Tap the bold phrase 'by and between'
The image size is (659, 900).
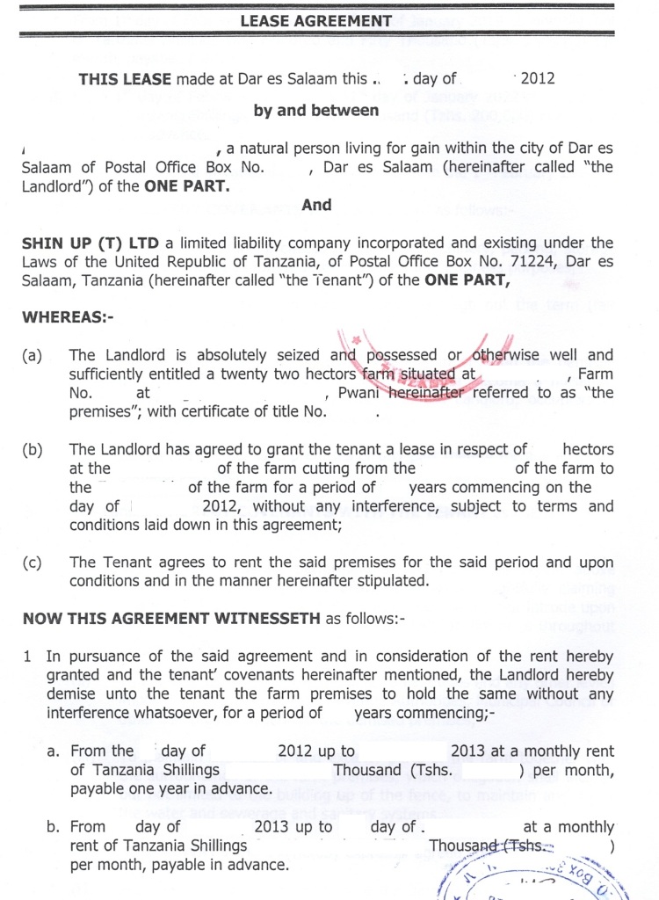click(x=316, y=111)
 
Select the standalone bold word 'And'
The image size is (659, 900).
click(x=316, y=205)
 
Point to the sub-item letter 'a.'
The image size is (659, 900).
click(x=53, y=751)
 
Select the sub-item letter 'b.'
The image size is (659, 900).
click(x=53, y=827)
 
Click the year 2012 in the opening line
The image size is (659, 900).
click(x=538, y=78)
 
